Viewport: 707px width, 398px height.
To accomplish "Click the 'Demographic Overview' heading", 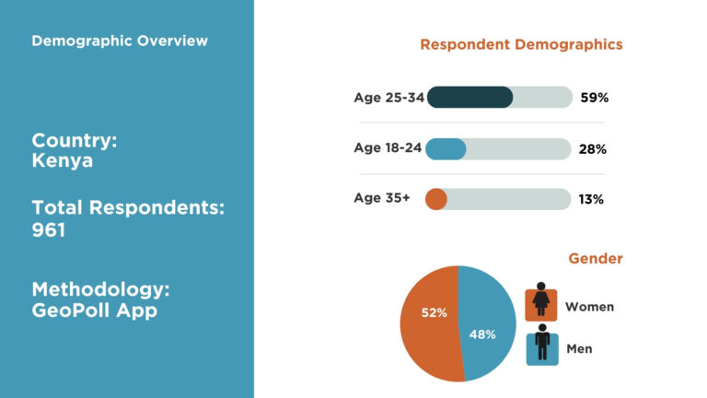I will click(x=120, y=41).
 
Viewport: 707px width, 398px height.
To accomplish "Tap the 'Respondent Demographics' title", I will click(x=521, y=44).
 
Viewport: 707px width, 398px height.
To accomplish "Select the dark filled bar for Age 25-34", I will click(x=469, y=98).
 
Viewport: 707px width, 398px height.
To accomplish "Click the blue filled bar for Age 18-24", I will click(x=446, y=149).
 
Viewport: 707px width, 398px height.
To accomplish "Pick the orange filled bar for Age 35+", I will click(x=436, y=199).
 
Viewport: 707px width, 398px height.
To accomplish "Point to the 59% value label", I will click(x=594, y=98).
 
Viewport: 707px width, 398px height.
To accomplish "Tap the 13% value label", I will click(x=591, y=199).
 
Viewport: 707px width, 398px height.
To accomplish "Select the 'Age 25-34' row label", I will click(x=388, y=98).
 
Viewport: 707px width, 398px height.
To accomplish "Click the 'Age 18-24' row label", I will click(x=388, y=148).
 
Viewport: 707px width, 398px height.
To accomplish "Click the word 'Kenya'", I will click(x=63, y=161).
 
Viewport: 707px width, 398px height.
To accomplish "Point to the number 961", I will click(x=49, y=230).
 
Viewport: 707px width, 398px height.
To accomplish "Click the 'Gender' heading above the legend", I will click(x=595, y=259).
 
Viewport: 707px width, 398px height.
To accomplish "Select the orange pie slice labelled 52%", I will click(x=429, y=318).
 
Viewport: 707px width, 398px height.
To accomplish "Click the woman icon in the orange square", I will click(x=541, y=301).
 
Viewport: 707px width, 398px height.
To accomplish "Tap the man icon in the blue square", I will click(x=541, y=345).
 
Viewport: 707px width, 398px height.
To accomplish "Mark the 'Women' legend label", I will click(x=589, y=307).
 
